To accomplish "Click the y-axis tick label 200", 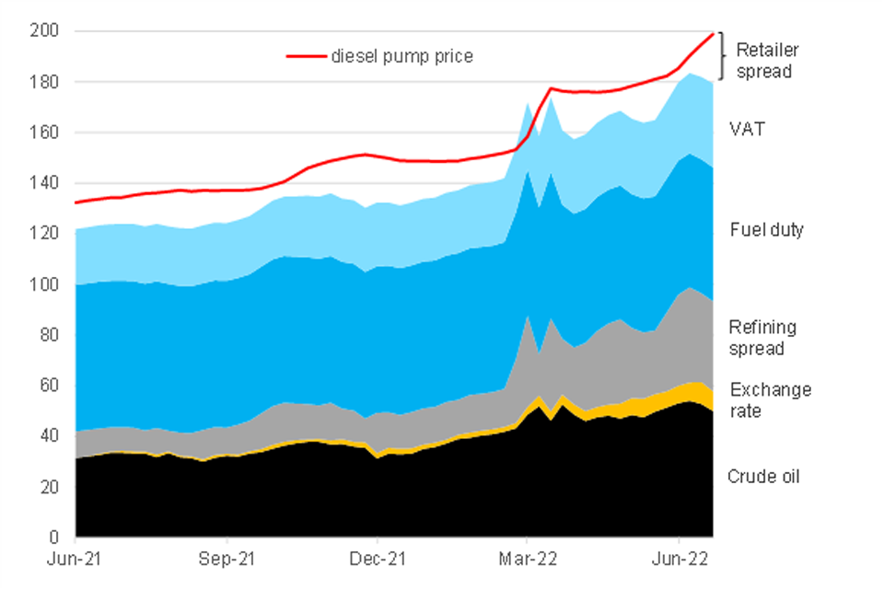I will coord(48,31).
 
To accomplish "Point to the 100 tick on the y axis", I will coord(48,284).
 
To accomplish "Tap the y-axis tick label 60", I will coord(52,386).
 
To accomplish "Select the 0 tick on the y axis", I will coord(55,537).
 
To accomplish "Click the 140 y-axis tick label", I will coord(48,183).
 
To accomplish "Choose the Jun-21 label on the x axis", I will coord(76,559).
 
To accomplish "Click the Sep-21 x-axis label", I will coord(227,559).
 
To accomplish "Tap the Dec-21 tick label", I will coord(378,559).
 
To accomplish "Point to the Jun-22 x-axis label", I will coord(679,559).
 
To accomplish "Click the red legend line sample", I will coord(307,57).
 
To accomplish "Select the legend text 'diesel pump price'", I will coord(402,57).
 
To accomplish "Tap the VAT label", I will coord(747,130).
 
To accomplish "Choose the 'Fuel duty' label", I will coord(766,230).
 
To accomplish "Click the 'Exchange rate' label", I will coord(770,400).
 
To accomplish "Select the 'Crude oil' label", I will coord(763,477).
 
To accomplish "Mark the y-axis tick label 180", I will coord(48,82).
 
